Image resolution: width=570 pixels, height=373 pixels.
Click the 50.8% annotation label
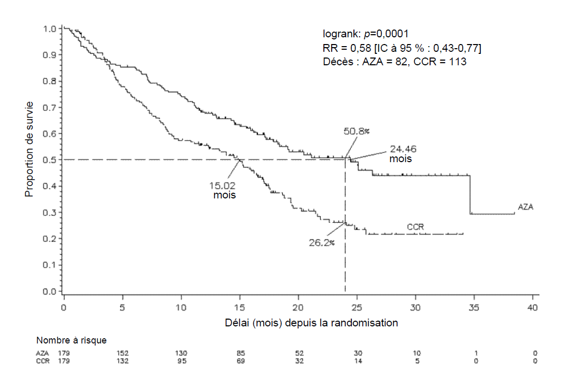[x=357, y=131]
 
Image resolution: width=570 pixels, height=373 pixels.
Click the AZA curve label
[x=525, y=207]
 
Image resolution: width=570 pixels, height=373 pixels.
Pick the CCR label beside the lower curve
[x=416, y=226]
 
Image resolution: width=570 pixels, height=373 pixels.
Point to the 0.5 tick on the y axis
[x=50, y=160]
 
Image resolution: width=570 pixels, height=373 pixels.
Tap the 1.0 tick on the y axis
[x=50, y=28]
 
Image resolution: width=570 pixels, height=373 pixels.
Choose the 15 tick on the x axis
[x=239, y=308]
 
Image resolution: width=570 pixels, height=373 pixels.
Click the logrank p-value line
[x=365, y=34]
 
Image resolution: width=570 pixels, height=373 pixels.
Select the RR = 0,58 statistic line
[x=402, y=48]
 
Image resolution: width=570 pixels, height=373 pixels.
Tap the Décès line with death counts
[x=394, y=62]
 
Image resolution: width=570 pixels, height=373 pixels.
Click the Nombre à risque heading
[x=72, y=340]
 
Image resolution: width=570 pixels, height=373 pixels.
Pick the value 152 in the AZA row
[x=123, y=353]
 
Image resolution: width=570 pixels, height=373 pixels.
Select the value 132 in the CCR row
[x=123, y=361]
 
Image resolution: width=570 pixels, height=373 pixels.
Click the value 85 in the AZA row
[x=240, y=353]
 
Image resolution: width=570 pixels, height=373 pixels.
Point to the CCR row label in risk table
[x=43, y=361]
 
